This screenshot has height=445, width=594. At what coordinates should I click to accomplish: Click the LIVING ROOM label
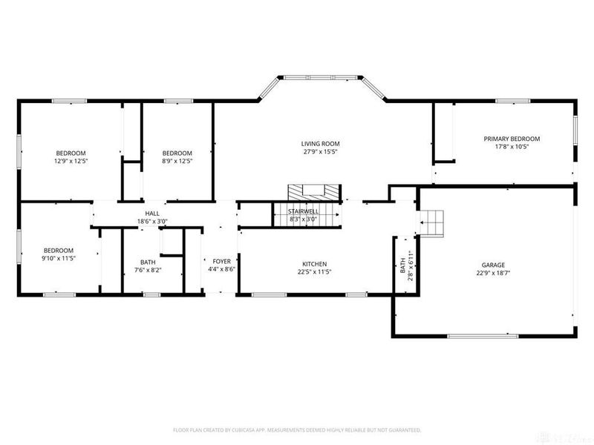(320, 144)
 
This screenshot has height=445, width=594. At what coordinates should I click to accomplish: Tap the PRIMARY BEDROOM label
(512, 139)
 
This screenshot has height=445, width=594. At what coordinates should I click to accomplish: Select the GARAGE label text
(493, 265)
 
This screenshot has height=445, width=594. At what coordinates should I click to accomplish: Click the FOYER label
(222, 262)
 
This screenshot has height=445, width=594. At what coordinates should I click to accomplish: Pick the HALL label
(152, 214)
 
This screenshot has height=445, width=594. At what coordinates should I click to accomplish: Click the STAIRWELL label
(304, 212)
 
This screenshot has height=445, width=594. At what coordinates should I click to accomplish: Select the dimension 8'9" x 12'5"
(177, 161)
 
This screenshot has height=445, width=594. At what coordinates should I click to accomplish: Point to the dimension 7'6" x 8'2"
(148, 270)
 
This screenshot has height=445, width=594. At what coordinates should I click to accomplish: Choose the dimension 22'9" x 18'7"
(493, 273)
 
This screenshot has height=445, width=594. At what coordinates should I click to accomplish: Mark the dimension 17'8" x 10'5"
(512, 147)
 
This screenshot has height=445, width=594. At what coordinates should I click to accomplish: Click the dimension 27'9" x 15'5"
(320, 152)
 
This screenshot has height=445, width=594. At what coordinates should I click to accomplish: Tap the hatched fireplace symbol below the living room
(313, 191)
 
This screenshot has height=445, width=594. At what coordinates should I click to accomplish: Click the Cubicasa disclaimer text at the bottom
(297, 429)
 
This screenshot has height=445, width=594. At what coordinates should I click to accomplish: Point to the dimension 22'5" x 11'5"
(314, 273)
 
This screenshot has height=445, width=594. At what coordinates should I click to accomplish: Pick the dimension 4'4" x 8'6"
(222, 270)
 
